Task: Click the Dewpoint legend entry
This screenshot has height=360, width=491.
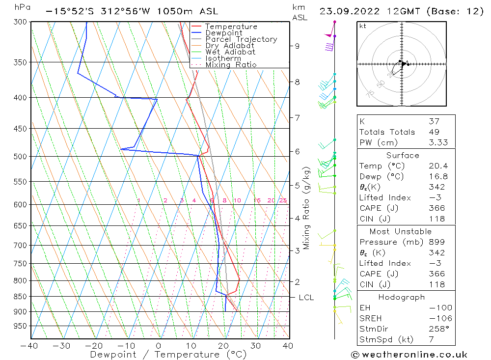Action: [x=223, y=33]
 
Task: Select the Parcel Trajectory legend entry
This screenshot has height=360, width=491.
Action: [x=241, y=39]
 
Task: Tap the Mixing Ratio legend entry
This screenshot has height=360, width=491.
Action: [x=231, y=64]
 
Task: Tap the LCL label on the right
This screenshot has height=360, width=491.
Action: [x=306, y=298]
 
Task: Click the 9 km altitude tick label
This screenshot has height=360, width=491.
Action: [x=297, y=46]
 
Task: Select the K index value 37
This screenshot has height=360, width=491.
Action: [x=434, y=121]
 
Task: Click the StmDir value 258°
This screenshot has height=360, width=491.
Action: [x=436, y=329]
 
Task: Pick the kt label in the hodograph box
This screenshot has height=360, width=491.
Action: [x=363, y=26]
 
